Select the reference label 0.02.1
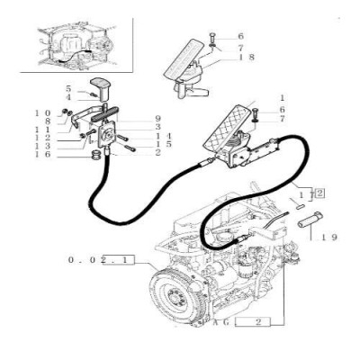pos(102,260)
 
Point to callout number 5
pos(67,87)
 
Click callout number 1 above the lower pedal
pos(283,96)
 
